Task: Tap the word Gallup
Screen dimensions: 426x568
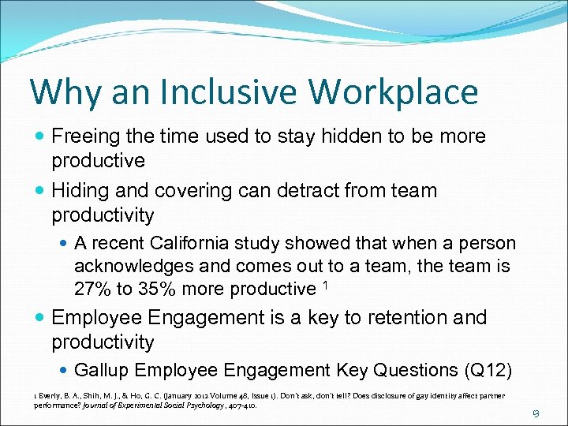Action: pos(101,371)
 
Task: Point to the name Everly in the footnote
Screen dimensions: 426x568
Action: pos(51,395)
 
